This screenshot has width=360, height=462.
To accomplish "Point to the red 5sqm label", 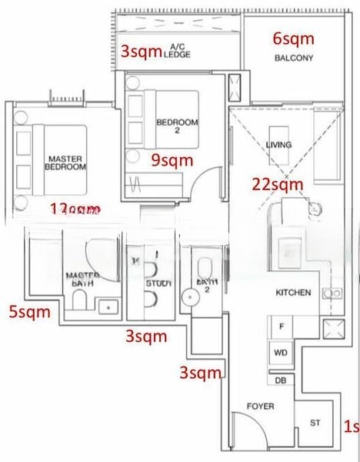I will coord(29,312).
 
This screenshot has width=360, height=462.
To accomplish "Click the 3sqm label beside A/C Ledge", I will coord(142,52).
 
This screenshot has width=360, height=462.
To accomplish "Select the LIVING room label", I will coord(278,146).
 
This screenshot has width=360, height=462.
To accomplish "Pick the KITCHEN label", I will coord(293,293).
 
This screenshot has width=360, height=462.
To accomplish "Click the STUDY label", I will coord(156,283).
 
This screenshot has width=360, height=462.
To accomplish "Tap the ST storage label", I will coord(315,423).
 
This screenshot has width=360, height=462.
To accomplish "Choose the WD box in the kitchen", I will coord(281,353).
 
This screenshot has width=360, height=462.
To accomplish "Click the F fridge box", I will coord(282,326).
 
